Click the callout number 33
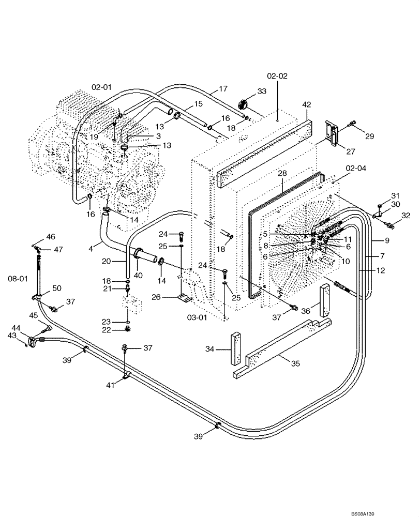coord(262,92)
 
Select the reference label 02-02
coord(277,75)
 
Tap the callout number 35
coord(295,363)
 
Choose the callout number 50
coord(56,287)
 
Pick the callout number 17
coord(223,89)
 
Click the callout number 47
coord(58,249)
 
